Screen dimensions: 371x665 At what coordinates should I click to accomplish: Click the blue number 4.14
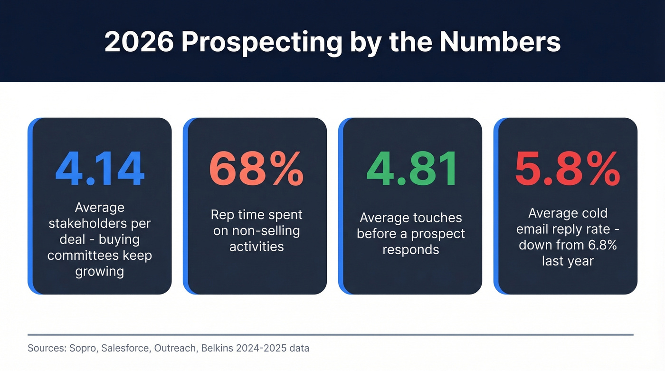coord(99,170)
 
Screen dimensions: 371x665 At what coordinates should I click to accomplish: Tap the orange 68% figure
coord(256,170)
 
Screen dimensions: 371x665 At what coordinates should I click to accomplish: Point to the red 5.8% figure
coord(568,170)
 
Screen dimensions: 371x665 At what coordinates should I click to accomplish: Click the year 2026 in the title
coord(138,42)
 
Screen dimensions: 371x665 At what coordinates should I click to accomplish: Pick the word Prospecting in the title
coord(261,42)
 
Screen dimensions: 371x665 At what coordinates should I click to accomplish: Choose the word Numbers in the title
coord(500,42)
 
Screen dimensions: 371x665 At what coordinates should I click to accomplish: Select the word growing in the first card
coord(99,272)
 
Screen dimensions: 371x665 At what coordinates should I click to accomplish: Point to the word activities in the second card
coord(256,247)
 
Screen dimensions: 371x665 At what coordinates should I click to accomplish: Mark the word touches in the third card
coord(438,218)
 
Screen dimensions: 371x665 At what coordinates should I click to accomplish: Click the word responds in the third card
coord(411,250)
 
